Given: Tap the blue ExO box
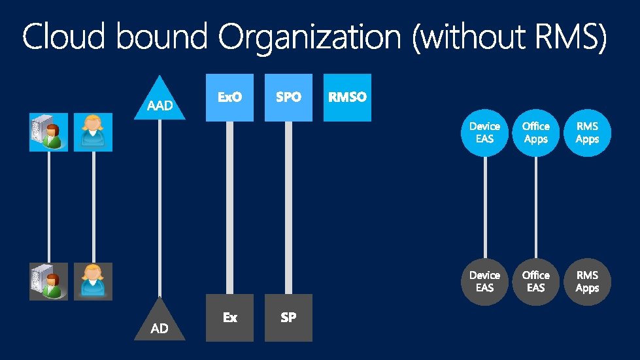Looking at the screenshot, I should point(229,97).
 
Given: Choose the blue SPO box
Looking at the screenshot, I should point(288,97).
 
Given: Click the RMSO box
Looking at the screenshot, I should point(347,97).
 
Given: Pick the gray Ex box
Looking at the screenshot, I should point(229,318).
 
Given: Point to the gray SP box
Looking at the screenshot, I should point(288,318).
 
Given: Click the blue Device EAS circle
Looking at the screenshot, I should point(484,133).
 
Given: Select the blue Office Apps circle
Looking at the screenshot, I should point(536,133).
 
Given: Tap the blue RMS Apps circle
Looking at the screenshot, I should point(587,133).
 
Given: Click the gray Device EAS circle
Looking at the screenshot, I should point(484,282).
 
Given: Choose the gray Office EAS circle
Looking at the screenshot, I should point(536,282).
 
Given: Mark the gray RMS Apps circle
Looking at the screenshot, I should point(587,282).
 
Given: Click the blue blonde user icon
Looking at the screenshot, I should point(93,132).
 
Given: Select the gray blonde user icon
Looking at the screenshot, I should point(93,282).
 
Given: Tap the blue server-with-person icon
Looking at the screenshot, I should point(48,132).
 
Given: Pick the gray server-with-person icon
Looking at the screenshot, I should point(48,282).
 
